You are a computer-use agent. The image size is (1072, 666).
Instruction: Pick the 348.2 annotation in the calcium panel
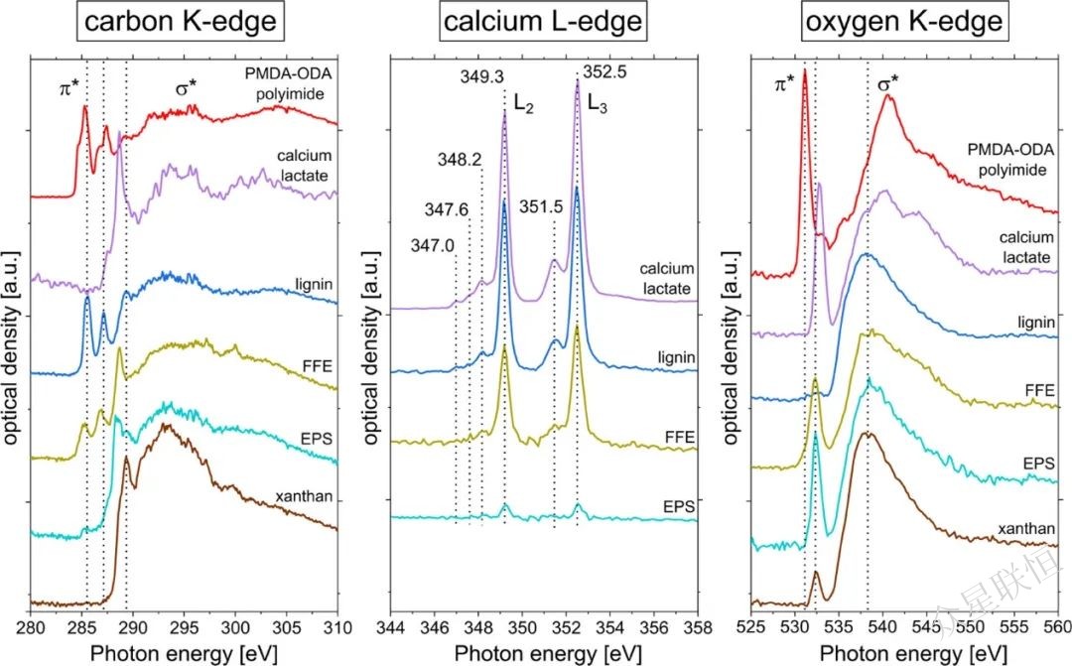tap(458, 159)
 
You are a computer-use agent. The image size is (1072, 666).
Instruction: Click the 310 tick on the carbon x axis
tap(337, 627)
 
